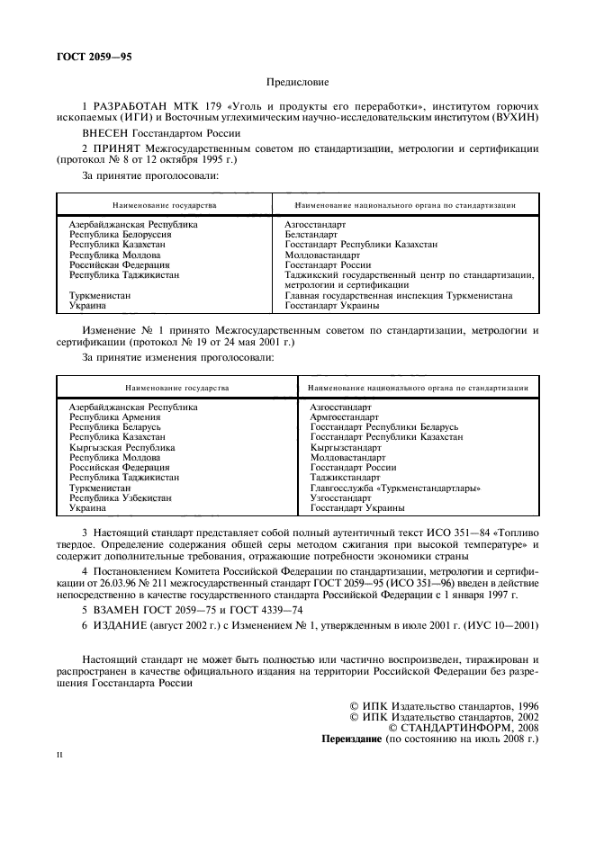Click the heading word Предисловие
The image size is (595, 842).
(x=297, y=82)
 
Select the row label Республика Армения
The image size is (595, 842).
(x=115, y=417)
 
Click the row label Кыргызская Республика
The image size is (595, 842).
(x=122, y=447)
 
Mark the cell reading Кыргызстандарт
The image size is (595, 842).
(x=346, y=447)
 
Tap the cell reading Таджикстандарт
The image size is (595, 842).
(x=346, y=477)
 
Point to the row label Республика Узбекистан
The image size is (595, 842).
(x=121, y=497)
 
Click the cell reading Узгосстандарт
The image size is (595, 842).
(x=340, y=497)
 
